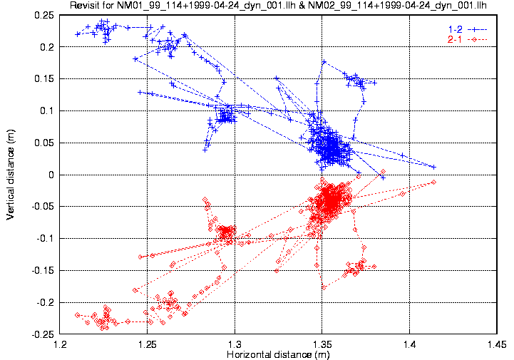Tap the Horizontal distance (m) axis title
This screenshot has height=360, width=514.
[278, 354]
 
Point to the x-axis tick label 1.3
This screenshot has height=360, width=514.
[235, 344]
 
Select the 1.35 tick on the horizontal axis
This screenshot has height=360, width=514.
[322, 344]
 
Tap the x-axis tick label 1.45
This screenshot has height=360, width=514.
[496, 344]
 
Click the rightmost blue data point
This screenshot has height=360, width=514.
[433, 167]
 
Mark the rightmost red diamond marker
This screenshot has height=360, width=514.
[433, 182]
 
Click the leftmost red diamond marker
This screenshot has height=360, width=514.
[77, 314]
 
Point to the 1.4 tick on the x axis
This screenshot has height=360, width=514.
[409, 344]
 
